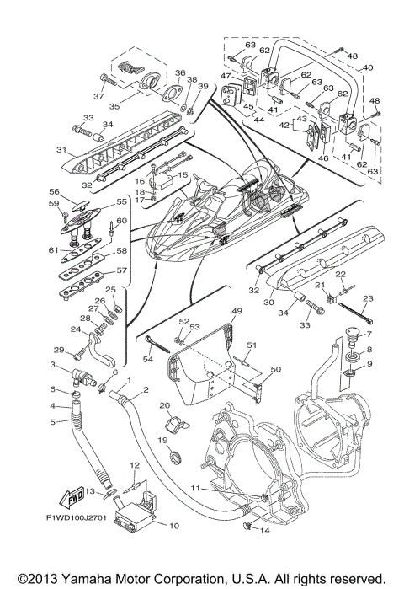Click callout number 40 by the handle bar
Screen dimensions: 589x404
click(x=367, y=67)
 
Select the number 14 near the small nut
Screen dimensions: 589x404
click(x=262, y=530)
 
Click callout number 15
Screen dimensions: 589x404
click(x=183, y=174)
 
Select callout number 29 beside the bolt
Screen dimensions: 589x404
click(x=59, y=350)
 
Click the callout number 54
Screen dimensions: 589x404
click(x=148, y=360)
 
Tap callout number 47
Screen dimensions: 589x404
click(x=225, y=76)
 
